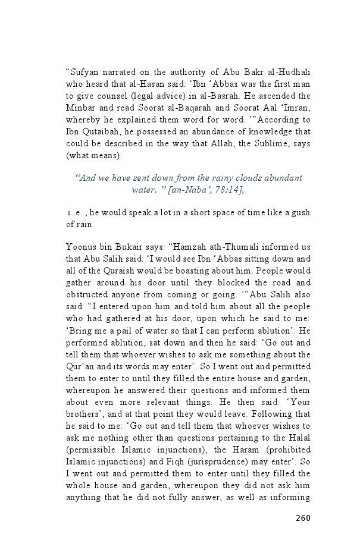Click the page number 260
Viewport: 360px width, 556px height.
pyautogui.click(x=303, y=518)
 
